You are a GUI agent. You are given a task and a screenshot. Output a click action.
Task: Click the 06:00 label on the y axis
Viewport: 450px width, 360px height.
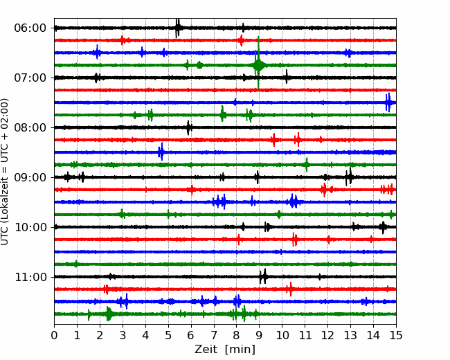(30, 28)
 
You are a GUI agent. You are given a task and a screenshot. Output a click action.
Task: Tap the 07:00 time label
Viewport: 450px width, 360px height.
(30, 78)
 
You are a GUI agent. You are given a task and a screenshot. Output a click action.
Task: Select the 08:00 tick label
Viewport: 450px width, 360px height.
(30, 127)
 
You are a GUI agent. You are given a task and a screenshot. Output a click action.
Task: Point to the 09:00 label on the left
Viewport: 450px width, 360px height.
(30, 177)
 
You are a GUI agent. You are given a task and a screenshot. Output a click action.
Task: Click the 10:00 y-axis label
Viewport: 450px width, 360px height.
(30, 227)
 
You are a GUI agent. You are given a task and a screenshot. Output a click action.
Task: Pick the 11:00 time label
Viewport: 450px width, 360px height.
(30, 277)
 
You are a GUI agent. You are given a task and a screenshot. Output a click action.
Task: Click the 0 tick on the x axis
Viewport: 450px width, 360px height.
(54, 335)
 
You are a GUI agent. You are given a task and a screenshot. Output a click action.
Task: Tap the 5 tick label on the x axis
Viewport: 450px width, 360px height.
(168, 335)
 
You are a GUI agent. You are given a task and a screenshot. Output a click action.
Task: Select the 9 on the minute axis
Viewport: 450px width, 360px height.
(259, 335)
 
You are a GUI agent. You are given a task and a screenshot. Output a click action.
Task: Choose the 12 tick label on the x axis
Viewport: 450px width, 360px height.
(327, 335)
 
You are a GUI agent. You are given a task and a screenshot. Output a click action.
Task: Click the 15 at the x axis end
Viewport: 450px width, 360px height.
(396, 335)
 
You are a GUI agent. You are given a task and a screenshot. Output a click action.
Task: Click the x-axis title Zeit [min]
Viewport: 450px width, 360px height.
(225, 350)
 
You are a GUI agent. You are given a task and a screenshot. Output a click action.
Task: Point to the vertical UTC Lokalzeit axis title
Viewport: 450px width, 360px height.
(5, 172)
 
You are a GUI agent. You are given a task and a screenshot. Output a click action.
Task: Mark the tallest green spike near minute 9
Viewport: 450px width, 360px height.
(258, 62)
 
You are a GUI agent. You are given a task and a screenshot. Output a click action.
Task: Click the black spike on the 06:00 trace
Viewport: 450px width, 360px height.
(178, 28)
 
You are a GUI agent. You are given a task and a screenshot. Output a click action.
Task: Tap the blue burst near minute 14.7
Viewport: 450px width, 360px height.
(388, 102)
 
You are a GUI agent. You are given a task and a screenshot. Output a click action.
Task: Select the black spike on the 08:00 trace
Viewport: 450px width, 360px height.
(188, 128)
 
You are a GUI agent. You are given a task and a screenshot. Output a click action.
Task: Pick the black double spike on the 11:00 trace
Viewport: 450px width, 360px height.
(263, 276)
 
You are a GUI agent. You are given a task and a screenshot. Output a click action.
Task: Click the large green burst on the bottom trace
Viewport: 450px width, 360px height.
(109, 314)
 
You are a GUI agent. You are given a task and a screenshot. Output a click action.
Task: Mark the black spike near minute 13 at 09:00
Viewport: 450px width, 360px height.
(348, 177)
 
